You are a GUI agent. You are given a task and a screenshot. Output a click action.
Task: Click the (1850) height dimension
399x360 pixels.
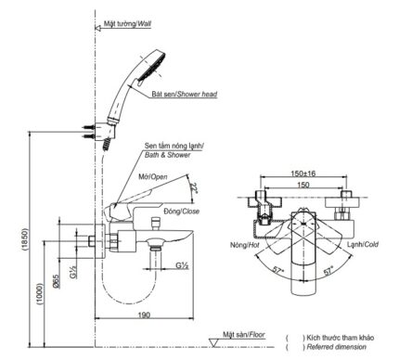(25, 239)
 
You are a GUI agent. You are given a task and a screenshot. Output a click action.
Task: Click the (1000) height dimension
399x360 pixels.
(40, 294)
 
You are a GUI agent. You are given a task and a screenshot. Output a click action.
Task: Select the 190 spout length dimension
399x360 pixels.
(144, 315)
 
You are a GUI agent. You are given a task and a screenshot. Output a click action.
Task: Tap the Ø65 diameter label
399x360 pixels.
(56, 281)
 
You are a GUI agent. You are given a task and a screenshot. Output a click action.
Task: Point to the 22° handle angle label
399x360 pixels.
(194, 188)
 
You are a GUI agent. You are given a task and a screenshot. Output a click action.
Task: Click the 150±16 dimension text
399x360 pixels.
(303, 174)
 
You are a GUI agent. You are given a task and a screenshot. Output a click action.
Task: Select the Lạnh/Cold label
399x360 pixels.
(363, 244)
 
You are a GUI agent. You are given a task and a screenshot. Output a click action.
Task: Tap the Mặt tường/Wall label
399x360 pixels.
(127, 23)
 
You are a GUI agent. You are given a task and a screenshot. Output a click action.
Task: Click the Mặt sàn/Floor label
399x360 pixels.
(244, 334)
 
